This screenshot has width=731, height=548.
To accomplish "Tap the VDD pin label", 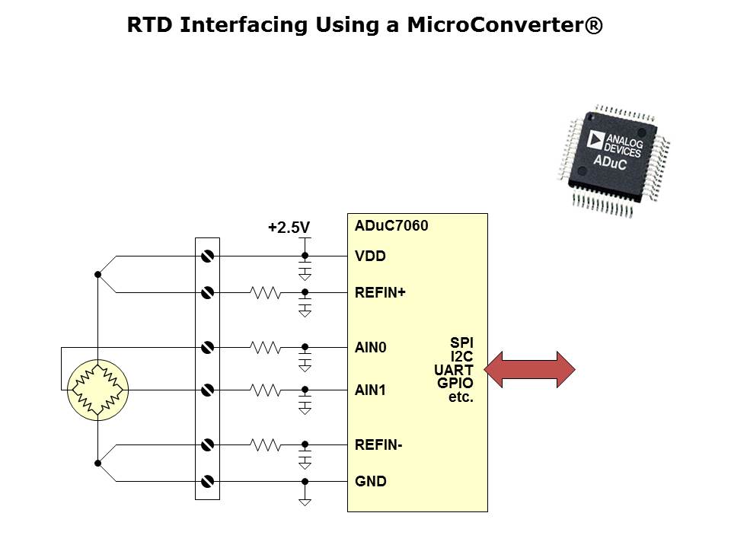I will pyautogui.click(x=370, y=256).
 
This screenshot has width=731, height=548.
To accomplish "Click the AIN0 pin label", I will pyautogui.click(x=371, y=348).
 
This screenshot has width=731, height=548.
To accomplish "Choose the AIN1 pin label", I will pyautogui.click(x=371, y=390).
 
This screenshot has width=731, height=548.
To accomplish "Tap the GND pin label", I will pyautogui.click(x=371, y=482).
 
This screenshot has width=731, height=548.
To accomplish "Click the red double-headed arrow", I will pyautogui.click(x=530, y=370).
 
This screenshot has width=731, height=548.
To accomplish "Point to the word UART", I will pyautogui.click(x=454, y=370).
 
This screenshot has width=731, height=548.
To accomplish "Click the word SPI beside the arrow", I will pyautogui.click(x=461, y=343).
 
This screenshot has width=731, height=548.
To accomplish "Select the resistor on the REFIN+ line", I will pyautogui.click(x=266, y=292).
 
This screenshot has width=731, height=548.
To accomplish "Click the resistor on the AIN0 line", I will pyautogui.click(x=266, y=348).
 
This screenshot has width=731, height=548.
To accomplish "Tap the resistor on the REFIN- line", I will pyautogui.click(x=266, y=445).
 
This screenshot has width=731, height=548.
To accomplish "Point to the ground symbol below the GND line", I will pyautogui.click(x=305, y=502).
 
